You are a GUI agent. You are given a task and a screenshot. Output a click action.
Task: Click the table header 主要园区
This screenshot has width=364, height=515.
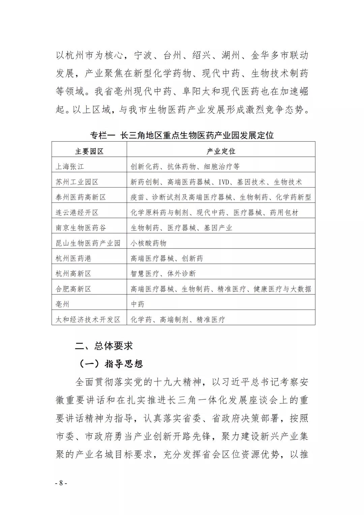click(89, 151)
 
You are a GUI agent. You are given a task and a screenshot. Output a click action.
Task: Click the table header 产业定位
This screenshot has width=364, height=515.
click(221, 151)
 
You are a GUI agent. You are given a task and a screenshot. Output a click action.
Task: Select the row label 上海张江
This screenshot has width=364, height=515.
click(70, 167)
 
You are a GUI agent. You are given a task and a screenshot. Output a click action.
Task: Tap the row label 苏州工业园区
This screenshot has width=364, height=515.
click(77, 182)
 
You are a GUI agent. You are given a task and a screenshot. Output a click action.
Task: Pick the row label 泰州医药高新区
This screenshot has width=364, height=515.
click(81, 197)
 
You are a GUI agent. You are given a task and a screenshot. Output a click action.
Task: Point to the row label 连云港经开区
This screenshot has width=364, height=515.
click(77, 213)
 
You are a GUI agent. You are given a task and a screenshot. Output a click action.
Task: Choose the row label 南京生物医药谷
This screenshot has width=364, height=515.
click(81, 228)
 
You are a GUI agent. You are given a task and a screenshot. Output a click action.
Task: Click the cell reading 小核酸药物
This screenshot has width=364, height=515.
click(149, 243)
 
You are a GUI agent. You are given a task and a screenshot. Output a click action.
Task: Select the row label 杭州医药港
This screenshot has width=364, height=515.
click(73, 258)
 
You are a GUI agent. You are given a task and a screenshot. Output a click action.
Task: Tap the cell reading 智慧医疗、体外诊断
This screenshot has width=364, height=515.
click(163, 274)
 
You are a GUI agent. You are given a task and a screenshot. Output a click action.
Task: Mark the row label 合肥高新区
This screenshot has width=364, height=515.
click(73, 289)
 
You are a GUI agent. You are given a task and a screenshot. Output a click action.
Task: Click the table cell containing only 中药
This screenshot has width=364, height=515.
click(138, 304)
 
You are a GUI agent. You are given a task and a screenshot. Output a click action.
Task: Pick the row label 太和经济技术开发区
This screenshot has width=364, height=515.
click(88, 320)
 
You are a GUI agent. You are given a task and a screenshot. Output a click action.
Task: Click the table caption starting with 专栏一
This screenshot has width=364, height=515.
click(182, 135)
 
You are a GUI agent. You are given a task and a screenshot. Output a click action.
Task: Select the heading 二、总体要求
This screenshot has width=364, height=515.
click(104, 346)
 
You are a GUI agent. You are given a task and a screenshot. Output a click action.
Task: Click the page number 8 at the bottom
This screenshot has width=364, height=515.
click(61, 483)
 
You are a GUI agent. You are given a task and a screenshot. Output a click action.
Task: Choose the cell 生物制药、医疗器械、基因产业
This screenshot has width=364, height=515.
click(181, 228)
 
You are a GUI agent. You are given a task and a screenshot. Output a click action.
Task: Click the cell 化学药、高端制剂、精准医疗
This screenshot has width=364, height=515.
click(178, 320)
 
